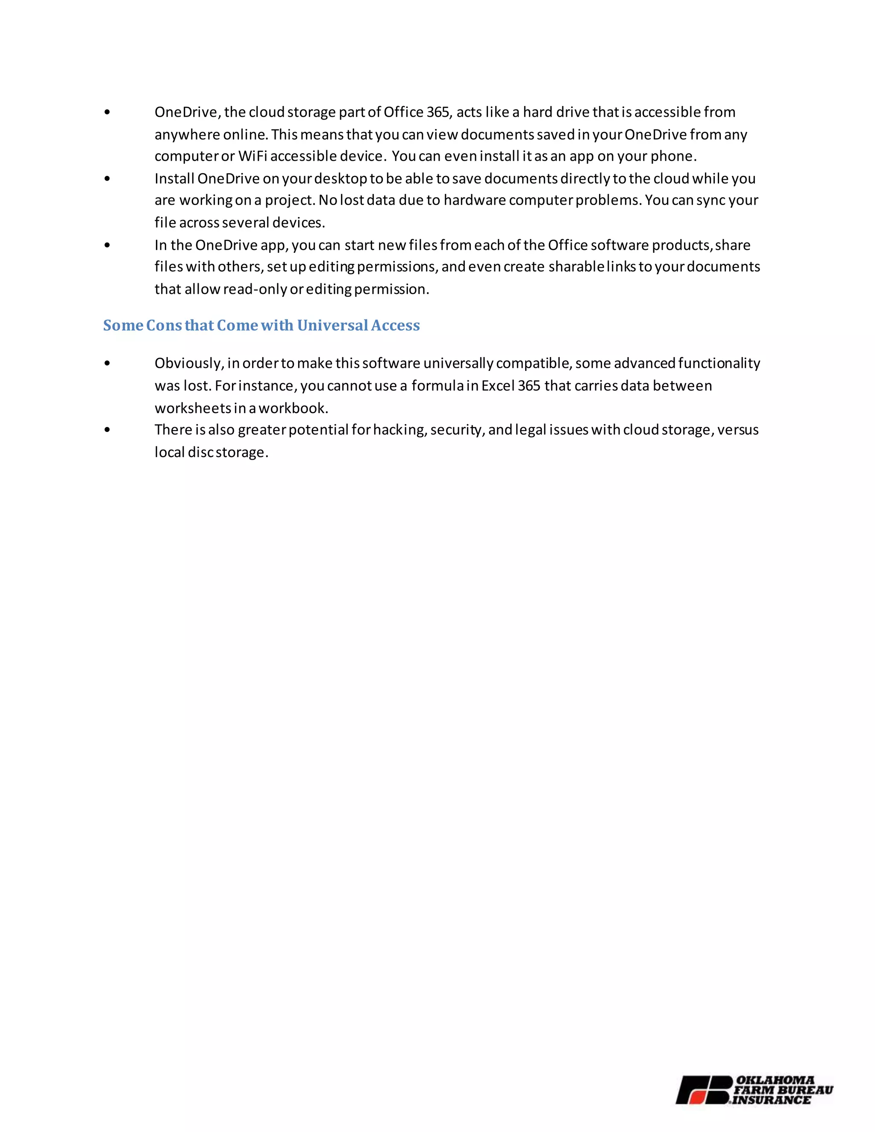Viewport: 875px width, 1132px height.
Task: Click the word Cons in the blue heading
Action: (x=164, y=325)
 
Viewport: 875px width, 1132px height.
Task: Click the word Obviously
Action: (x=189, y=363)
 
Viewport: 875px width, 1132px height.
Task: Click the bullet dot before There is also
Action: (x=107, y=430)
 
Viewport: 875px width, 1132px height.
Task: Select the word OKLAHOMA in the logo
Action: (x=775, y=1080)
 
